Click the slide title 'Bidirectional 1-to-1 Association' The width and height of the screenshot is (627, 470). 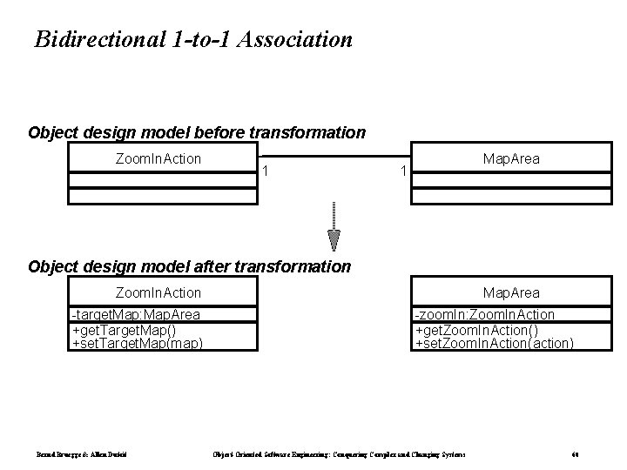pyautogui.click(x=192, y=39)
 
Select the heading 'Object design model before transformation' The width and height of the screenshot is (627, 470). pyautogui.click(x=197, y=133)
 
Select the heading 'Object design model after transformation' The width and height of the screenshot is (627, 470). pyautogui.click(x=189, y=266)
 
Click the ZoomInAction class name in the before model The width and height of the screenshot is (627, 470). pyautogui.click(x=158, y=158)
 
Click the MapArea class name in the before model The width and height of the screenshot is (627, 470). pyautogui.click(x=511, y=158)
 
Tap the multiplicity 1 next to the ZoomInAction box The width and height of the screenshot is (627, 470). pyautogui.click(x=266, y=171)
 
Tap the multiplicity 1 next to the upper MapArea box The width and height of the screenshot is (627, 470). pyautogui.click(x=402, y=171)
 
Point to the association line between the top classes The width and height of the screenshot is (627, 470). pyautogui.click(x=334, y=157)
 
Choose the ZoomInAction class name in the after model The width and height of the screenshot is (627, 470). pyautogui.click(x=158, y=292)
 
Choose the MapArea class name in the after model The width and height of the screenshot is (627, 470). pyautogui.click(x=511, y=292)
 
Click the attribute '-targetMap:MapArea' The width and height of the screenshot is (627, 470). pyautogui.click(x=136, y=314)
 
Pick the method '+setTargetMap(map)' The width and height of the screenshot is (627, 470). pyautogui.click(x=137, y=343)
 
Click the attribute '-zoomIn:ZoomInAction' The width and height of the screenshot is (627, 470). pyautogui.click(x=485, y=314)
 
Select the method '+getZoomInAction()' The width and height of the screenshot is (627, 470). pyautogui.click(x=476, y=329)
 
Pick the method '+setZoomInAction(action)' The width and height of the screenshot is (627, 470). pyautogui.click(x=494, y=343)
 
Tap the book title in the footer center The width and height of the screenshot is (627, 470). pyautogui.click(x=339, y=454)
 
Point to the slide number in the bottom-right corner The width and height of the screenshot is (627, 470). pyautogui.click(x=576, y=454)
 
